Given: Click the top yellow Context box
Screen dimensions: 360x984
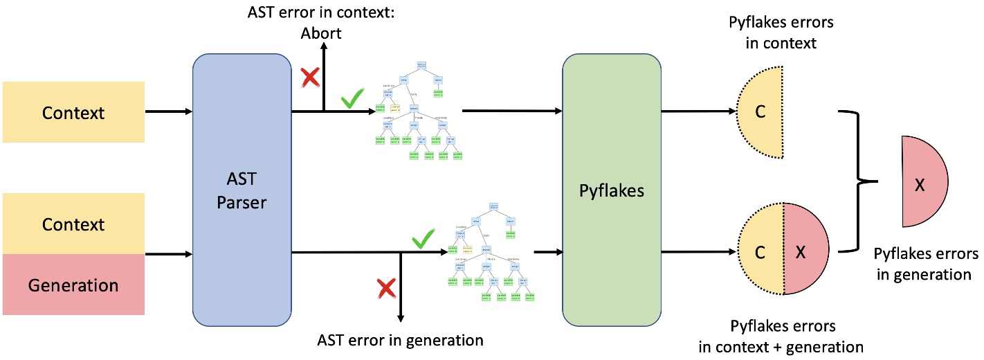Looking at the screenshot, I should (73, 111).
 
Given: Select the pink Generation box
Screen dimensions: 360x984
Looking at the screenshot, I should (73, 285).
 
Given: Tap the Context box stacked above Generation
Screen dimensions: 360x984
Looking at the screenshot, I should (73, 224).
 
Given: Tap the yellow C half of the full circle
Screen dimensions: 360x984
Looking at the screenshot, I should (761, 253).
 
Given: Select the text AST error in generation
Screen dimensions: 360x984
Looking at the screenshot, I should (400, 339).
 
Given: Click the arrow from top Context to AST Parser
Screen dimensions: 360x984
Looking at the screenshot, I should (168, 111).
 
